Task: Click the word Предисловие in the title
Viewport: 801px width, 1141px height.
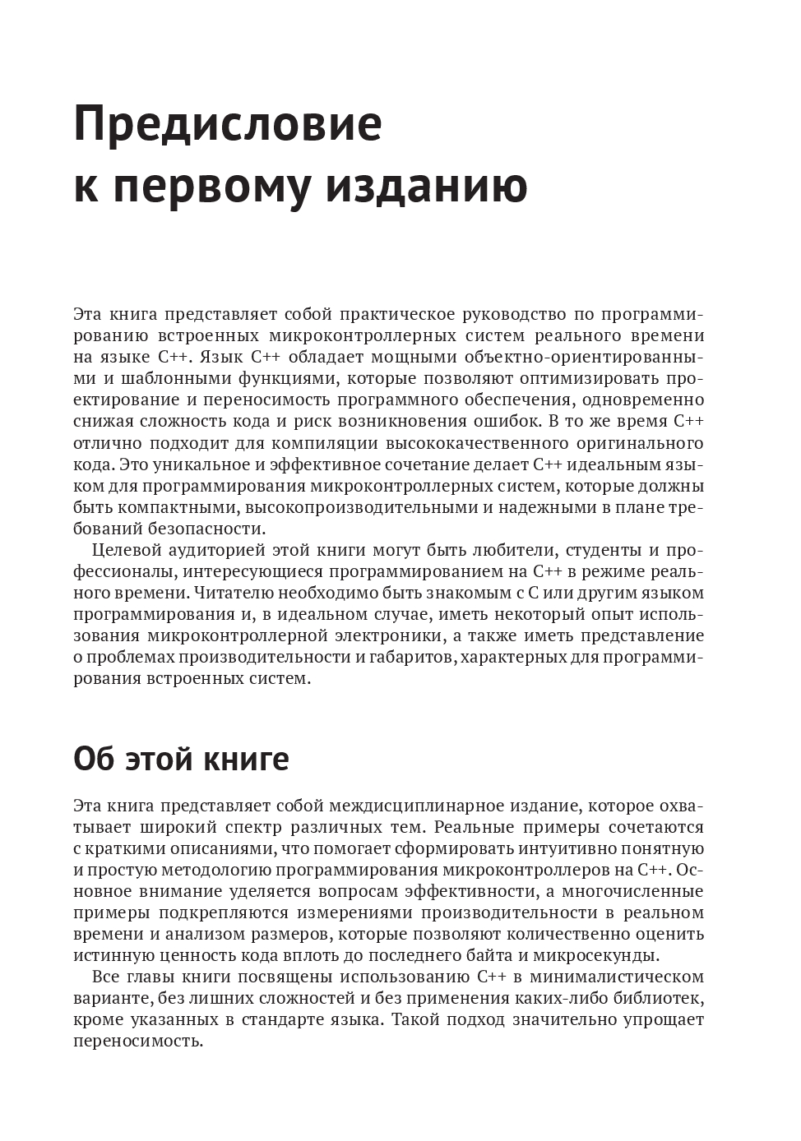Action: pyautogui.click(x=228, y=125)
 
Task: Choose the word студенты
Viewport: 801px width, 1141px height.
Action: pyautogui.click(x=593, y=549)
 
